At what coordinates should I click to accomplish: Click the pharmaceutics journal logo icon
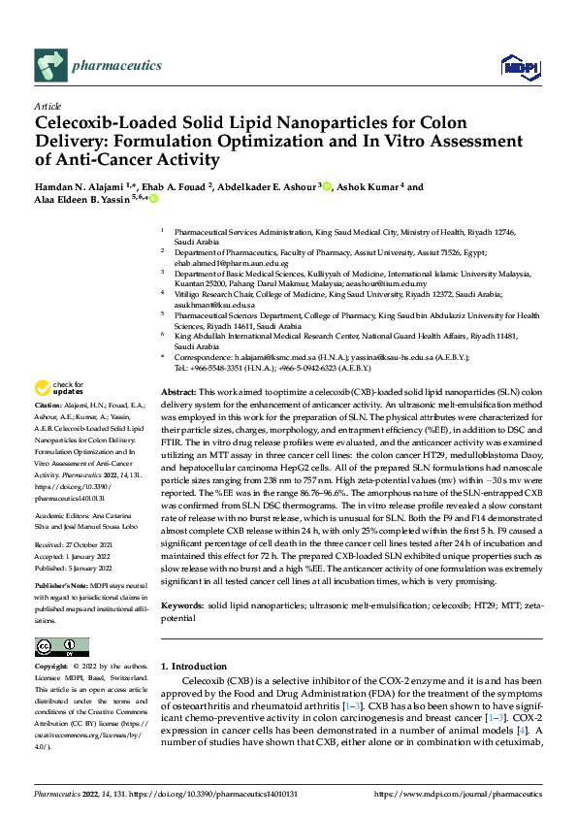pos(49,65)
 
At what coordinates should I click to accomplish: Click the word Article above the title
pos(48,106)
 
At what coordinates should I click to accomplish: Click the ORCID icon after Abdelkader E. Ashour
pos(326,186)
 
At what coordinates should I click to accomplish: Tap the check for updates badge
pos(62,388)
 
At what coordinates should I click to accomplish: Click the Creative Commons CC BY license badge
pos(56,646)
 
